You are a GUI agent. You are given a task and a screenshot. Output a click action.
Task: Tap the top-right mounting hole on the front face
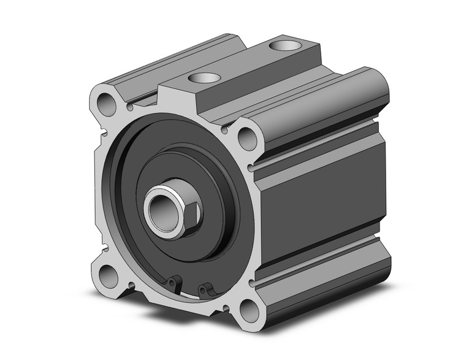(x=248, y=138)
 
